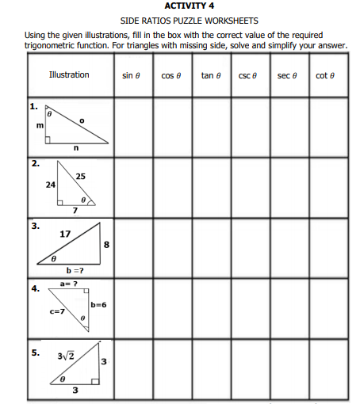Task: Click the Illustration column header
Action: pos(69,74)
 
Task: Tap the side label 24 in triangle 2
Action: pos(51,184)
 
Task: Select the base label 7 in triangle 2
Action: pos(75,211)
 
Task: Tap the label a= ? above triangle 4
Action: pos(68,282)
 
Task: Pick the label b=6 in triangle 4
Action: pos(98,304)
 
